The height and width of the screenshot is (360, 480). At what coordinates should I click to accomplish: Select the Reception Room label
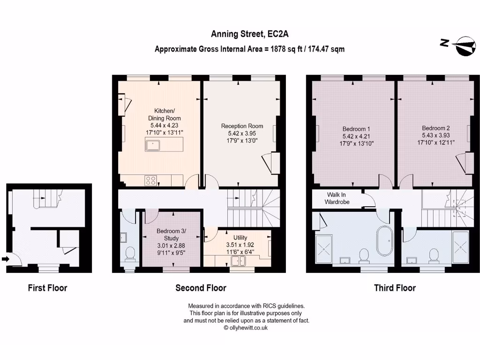coord(242,126)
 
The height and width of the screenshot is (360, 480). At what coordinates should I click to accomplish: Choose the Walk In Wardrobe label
coord(337,198)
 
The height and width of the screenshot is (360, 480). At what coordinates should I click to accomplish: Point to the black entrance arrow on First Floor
coord(5,258)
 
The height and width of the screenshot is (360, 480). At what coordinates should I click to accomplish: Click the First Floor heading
coord(47,288)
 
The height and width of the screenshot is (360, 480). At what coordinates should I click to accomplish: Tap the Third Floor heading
coord(395,288)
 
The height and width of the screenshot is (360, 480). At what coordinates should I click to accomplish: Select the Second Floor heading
coord(201,288)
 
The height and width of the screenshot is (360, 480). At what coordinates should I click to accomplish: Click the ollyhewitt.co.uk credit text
coord(246,328)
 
